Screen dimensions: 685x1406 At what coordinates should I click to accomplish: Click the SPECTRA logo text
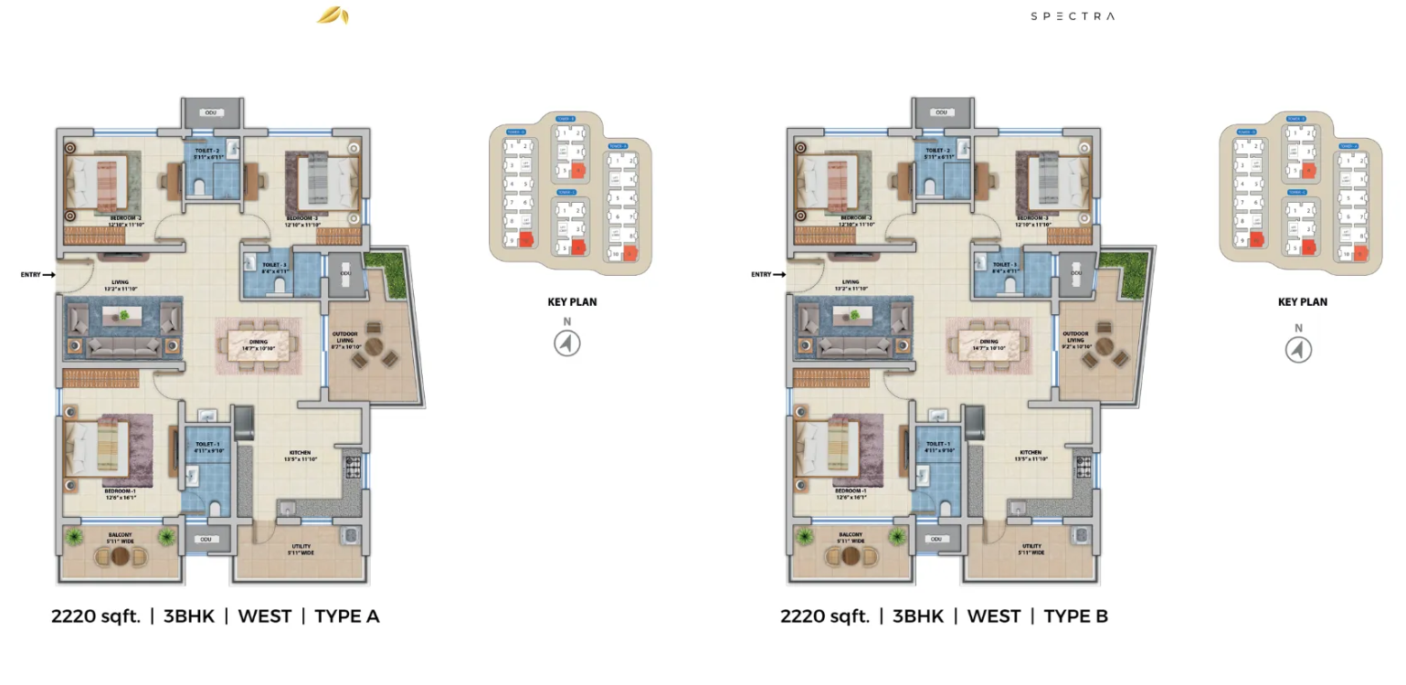(1073, 16)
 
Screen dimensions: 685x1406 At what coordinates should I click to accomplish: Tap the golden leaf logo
(332, 16)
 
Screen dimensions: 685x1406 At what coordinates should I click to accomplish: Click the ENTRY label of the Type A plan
(31, 274)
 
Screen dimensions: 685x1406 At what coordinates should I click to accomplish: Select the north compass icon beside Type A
(567, 343)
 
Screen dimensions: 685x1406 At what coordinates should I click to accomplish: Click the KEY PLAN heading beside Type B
(1302, 301)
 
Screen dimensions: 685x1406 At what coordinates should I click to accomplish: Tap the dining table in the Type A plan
(259, 344)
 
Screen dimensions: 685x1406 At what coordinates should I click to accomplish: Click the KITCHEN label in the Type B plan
(1031, 453)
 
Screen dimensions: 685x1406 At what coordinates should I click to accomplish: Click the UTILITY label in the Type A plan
(300, 547)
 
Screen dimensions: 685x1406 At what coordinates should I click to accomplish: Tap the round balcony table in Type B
(851, 555)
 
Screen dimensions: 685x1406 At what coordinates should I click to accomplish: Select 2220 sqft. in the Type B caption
(824, 616)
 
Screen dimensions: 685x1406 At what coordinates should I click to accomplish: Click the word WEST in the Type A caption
(264, 616)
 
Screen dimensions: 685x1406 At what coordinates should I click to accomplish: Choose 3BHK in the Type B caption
(918, 616)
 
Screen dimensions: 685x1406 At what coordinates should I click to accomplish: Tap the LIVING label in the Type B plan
(851, 282)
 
